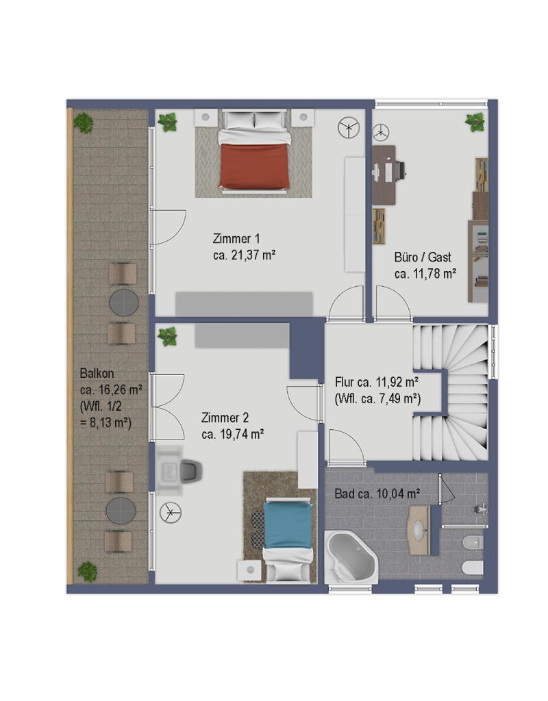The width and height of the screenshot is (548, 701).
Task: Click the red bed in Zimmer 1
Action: click(x=255, y=151)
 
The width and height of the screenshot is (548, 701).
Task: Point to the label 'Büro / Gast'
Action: click(x=423, y=257)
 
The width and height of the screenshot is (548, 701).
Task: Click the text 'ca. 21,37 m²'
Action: click(x=244, y=255)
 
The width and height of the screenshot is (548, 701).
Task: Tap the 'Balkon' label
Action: click(x=97, y=373)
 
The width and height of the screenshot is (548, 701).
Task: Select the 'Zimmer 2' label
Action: click(x=225, y=418)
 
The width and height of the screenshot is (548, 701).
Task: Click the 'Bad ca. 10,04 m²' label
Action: click(x=377, y=494)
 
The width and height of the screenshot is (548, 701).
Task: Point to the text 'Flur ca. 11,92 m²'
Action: click(x=377, y=382)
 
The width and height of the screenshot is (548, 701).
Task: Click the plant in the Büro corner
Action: click(x=475, y=122)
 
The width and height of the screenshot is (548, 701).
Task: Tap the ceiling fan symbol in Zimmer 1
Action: click(x=349, y=128)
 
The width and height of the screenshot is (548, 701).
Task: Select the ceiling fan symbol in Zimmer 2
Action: click(x=171, y=512)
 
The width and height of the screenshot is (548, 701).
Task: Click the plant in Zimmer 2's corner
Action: click(x=168, y=336)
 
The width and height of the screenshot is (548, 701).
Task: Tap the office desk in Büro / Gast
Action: click(x=384, y=175)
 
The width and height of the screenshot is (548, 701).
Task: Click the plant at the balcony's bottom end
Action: click(x=87, y=572)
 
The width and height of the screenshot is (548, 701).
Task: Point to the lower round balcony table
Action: click(x=121, y=511)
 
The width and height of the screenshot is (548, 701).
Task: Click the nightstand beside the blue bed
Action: click(x=250, y=570)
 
